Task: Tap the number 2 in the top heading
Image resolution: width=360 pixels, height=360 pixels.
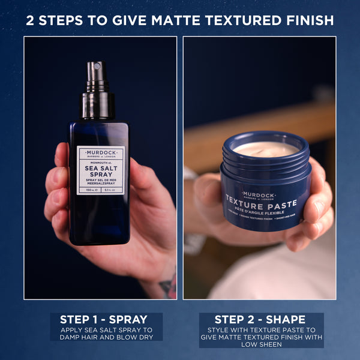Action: (31, 20)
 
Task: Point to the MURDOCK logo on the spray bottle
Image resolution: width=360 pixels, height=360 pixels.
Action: (101, 152)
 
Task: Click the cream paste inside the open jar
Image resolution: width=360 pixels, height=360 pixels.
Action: (265, 148)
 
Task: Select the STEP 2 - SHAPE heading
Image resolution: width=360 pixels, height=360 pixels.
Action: (261, 320)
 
